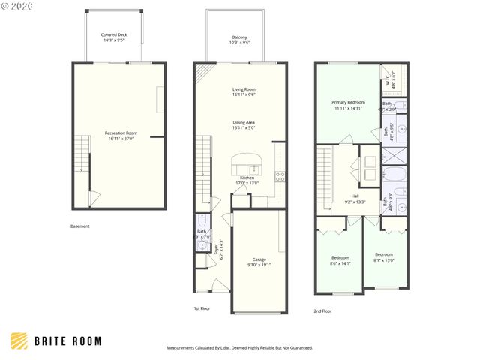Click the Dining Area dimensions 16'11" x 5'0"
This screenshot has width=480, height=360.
pyautogui.click(x=244, y=127)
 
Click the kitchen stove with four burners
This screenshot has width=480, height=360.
pyautogui.click(x=280, y=177)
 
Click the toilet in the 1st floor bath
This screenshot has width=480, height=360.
pyautogui.click(x=202, y=223)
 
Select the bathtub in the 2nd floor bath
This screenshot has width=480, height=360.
pyautogui.click(x=394, y=178)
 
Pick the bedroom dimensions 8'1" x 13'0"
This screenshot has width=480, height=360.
pyautogui.click(x=384, y=259)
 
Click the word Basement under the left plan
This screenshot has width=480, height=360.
pyautogui.click(x=80, y=226)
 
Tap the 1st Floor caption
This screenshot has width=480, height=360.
pyautogui.click(x=203, y=308)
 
